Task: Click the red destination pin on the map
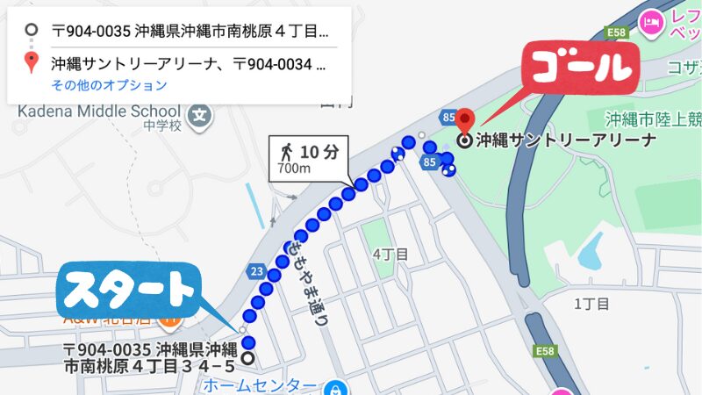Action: point(465,120)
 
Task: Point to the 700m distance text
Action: point(293,169)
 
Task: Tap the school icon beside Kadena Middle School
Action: point(201,114)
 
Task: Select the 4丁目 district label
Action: point(390,255)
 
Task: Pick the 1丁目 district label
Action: point(591,304)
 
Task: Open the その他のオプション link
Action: point(109,86)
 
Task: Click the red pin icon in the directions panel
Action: point(32,62)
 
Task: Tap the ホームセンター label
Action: point(260,385)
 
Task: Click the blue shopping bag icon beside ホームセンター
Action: point(333,386)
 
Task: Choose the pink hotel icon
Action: point(650,20)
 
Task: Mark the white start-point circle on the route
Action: point(247,358)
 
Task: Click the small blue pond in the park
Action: point(590,251)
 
